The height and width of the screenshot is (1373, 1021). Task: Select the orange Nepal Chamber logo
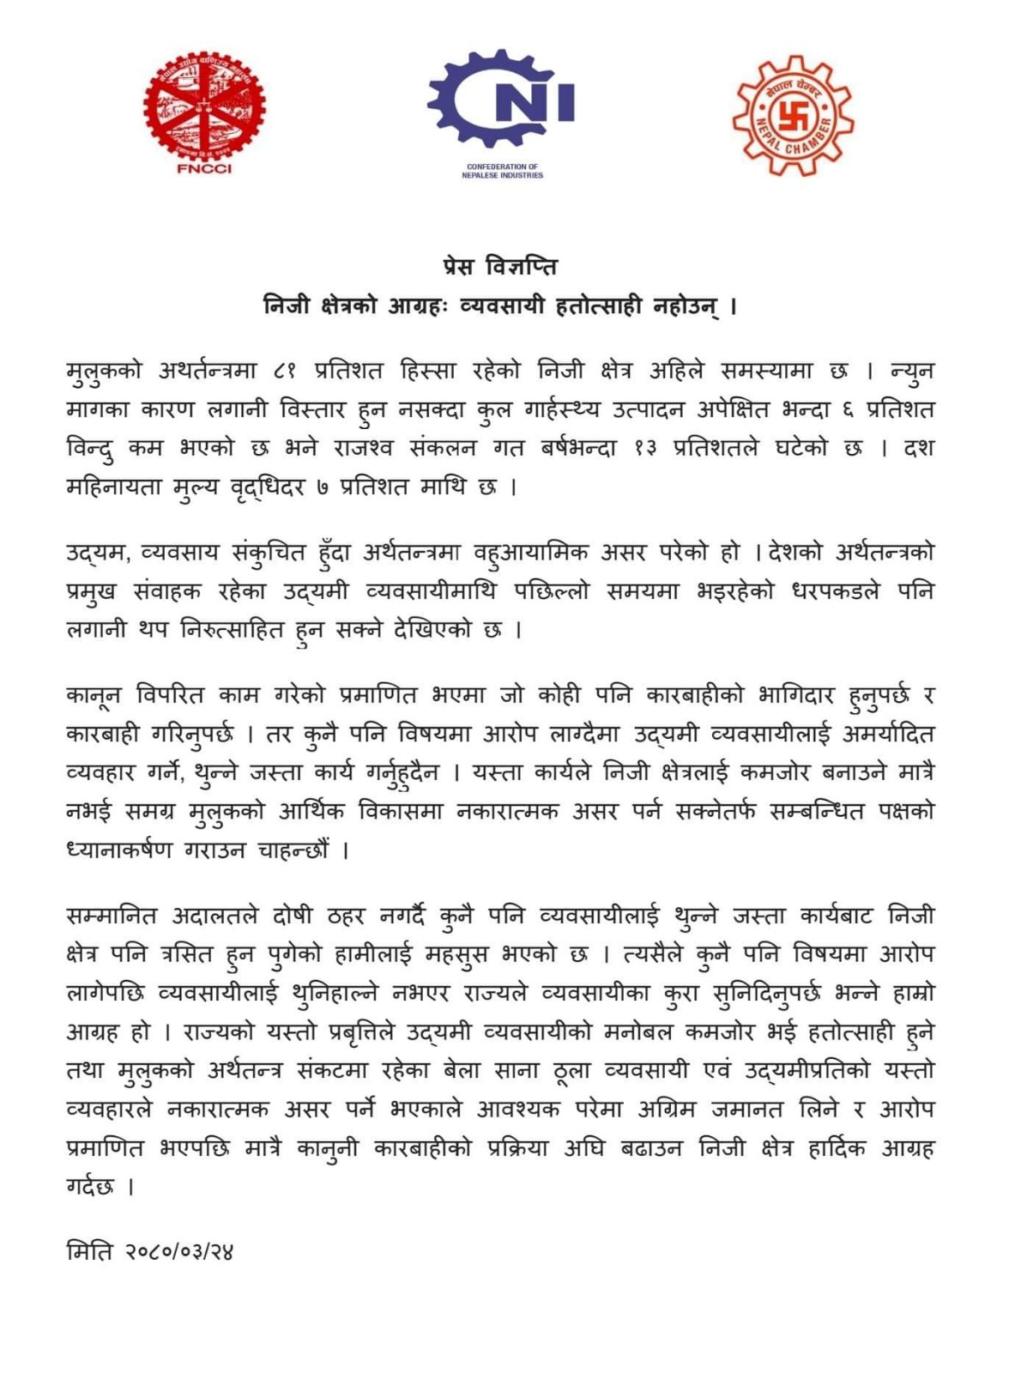(x=792, y=115)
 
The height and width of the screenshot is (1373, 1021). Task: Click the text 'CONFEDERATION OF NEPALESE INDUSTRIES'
(x=502, y=171)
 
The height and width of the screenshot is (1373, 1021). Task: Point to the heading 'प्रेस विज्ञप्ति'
(x=500, y=267)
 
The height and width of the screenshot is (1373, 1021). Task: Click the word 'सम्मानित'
(x=112, y=916)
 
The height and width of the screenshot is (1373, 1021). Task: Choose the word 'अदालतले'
(x=214, y=916)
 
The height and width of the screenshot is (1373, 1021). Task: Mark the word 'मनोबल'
(x=652, y=1032)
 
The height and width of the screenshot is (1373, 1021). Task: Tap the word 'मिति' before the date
(x=89, y=1252)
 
